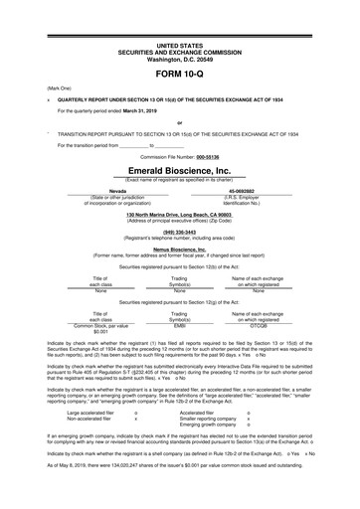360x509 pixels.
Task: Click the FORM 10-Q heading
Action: [x=179, y=75]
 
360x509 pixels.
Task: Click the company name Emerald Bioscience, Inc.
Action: [x=179, y=171]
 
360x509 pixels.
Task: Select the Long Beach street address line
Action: [x=179, y=215]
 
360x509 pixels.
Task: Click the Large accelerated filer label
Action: [x=89, y=412]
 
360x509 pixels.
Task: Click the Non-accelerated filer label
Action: [x=88, y=419]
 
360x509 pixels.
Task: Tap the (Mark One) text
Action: [x=47, y=88]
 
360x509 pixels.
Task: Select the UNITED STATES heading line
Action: [x=179, y=46]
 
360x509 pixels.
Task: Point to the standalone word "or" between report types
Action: [x=179, y=122]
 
